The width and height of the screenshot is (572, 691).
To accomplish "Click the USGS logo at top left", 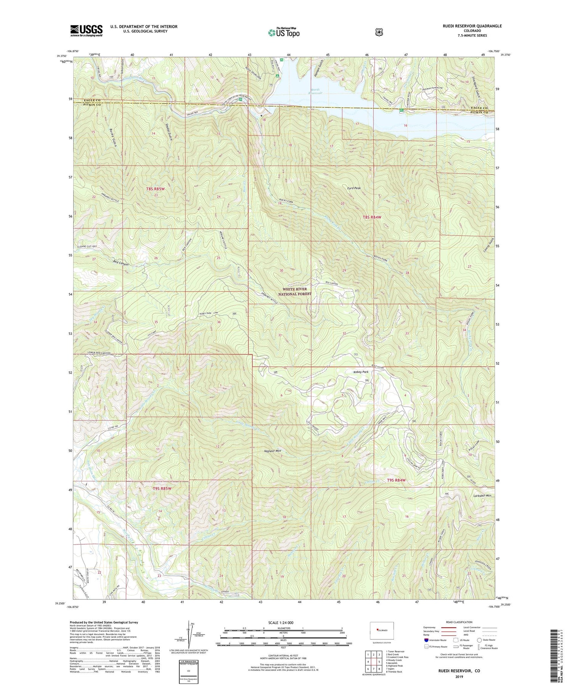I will click(x=86, y=30).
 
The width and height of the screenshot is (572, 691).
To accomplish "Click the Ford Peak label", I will click(x=353, y=188).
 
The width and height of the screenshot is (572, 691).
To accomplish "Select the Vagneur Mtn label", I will click(x=273, y=451).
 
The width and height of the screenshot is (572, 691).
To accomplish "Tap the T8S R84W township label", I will click(x=371, y=217).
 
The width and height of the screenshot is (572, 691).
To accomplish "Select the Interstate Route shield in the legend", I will click(x=426, y=640).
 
